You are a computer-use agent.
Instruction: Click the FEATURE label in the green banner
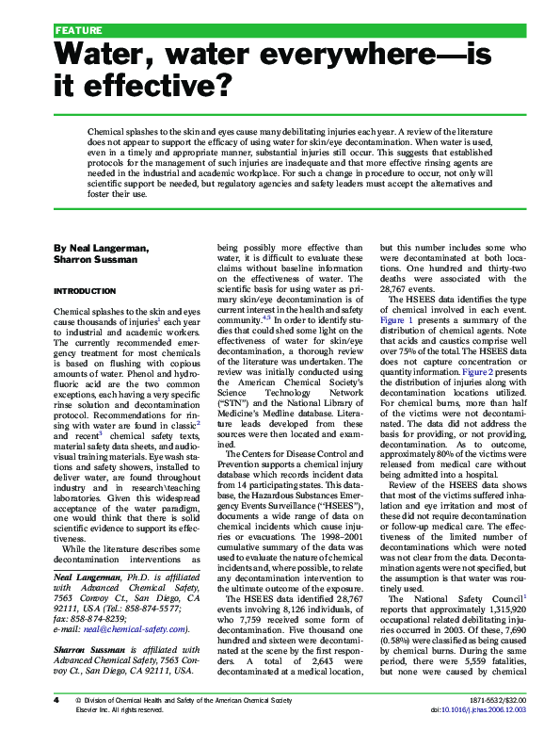78,30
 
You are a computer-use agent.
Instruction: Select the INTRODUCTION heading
88,291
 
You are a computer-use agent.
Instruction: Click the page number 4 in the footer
56,728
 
